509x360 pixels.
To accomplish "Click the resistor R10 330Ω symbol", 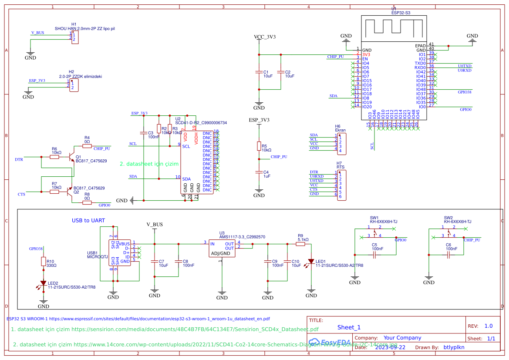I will [43, 261].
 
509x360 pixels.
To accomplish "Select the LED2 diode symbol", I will [43, 283].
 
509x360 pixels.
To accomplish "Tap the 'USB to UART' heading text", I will [88, 221].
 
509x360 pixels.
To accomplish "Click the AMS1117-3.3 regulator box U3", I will [222, 249].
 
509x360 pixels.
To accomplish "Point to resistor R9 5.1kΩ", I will [300, 244].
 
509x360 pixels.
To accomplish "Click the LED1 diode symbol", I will [311, 262].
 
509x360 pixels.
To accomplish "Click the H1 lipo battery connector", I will [75, 37].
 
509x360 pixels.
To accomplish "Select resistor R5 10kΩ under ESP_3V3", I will [259, 146].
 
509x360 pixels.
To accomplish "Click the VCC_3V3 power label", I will [264, 37].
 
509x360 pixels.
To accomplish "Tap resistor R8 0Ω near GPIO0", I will [87, 202].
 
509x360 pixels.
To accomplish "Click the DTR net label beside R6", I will [19, 159].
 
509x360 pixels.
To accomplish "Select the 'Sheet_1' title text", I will [349, 327].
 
